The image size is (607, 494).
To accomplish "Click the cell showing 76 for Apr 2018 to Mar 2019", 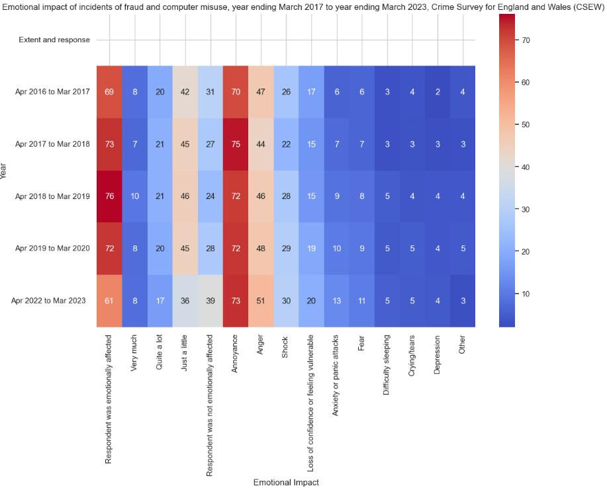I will pos(109,196).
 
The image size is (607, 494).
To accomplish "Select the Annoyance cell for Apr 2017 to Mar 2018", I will pos(235,144).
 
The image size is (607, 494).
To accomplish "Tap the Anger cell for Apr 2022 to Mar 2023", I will pos(260,301).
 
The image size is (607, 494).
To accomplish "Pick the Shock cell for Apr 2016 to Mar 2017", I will pos(286,92).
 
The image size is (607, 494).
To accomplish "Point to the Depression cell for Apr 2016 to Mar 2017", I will pos(437,92).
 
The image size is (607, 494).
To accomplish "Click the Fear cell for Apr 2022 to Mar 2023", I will pos(361,301).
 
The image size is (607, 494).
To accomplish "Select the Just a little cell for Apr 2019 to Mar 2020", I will pos(185,249).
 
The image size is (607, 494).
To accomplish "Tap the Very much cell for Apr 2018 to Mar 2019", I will pos(134,196).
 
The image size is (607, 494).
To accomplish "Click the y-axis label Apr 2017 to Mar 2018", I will pos(52,144).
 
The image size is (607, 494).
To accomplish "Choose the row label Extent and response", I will pos(54,40).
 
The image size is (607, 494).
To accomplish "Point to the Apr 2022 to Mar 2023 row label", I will pos(48,301).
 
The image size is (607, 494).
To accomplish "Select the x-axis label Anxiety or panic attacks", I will pos(336,380).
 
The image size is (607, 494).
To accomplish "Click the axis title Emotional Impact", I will pos(286,482).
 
